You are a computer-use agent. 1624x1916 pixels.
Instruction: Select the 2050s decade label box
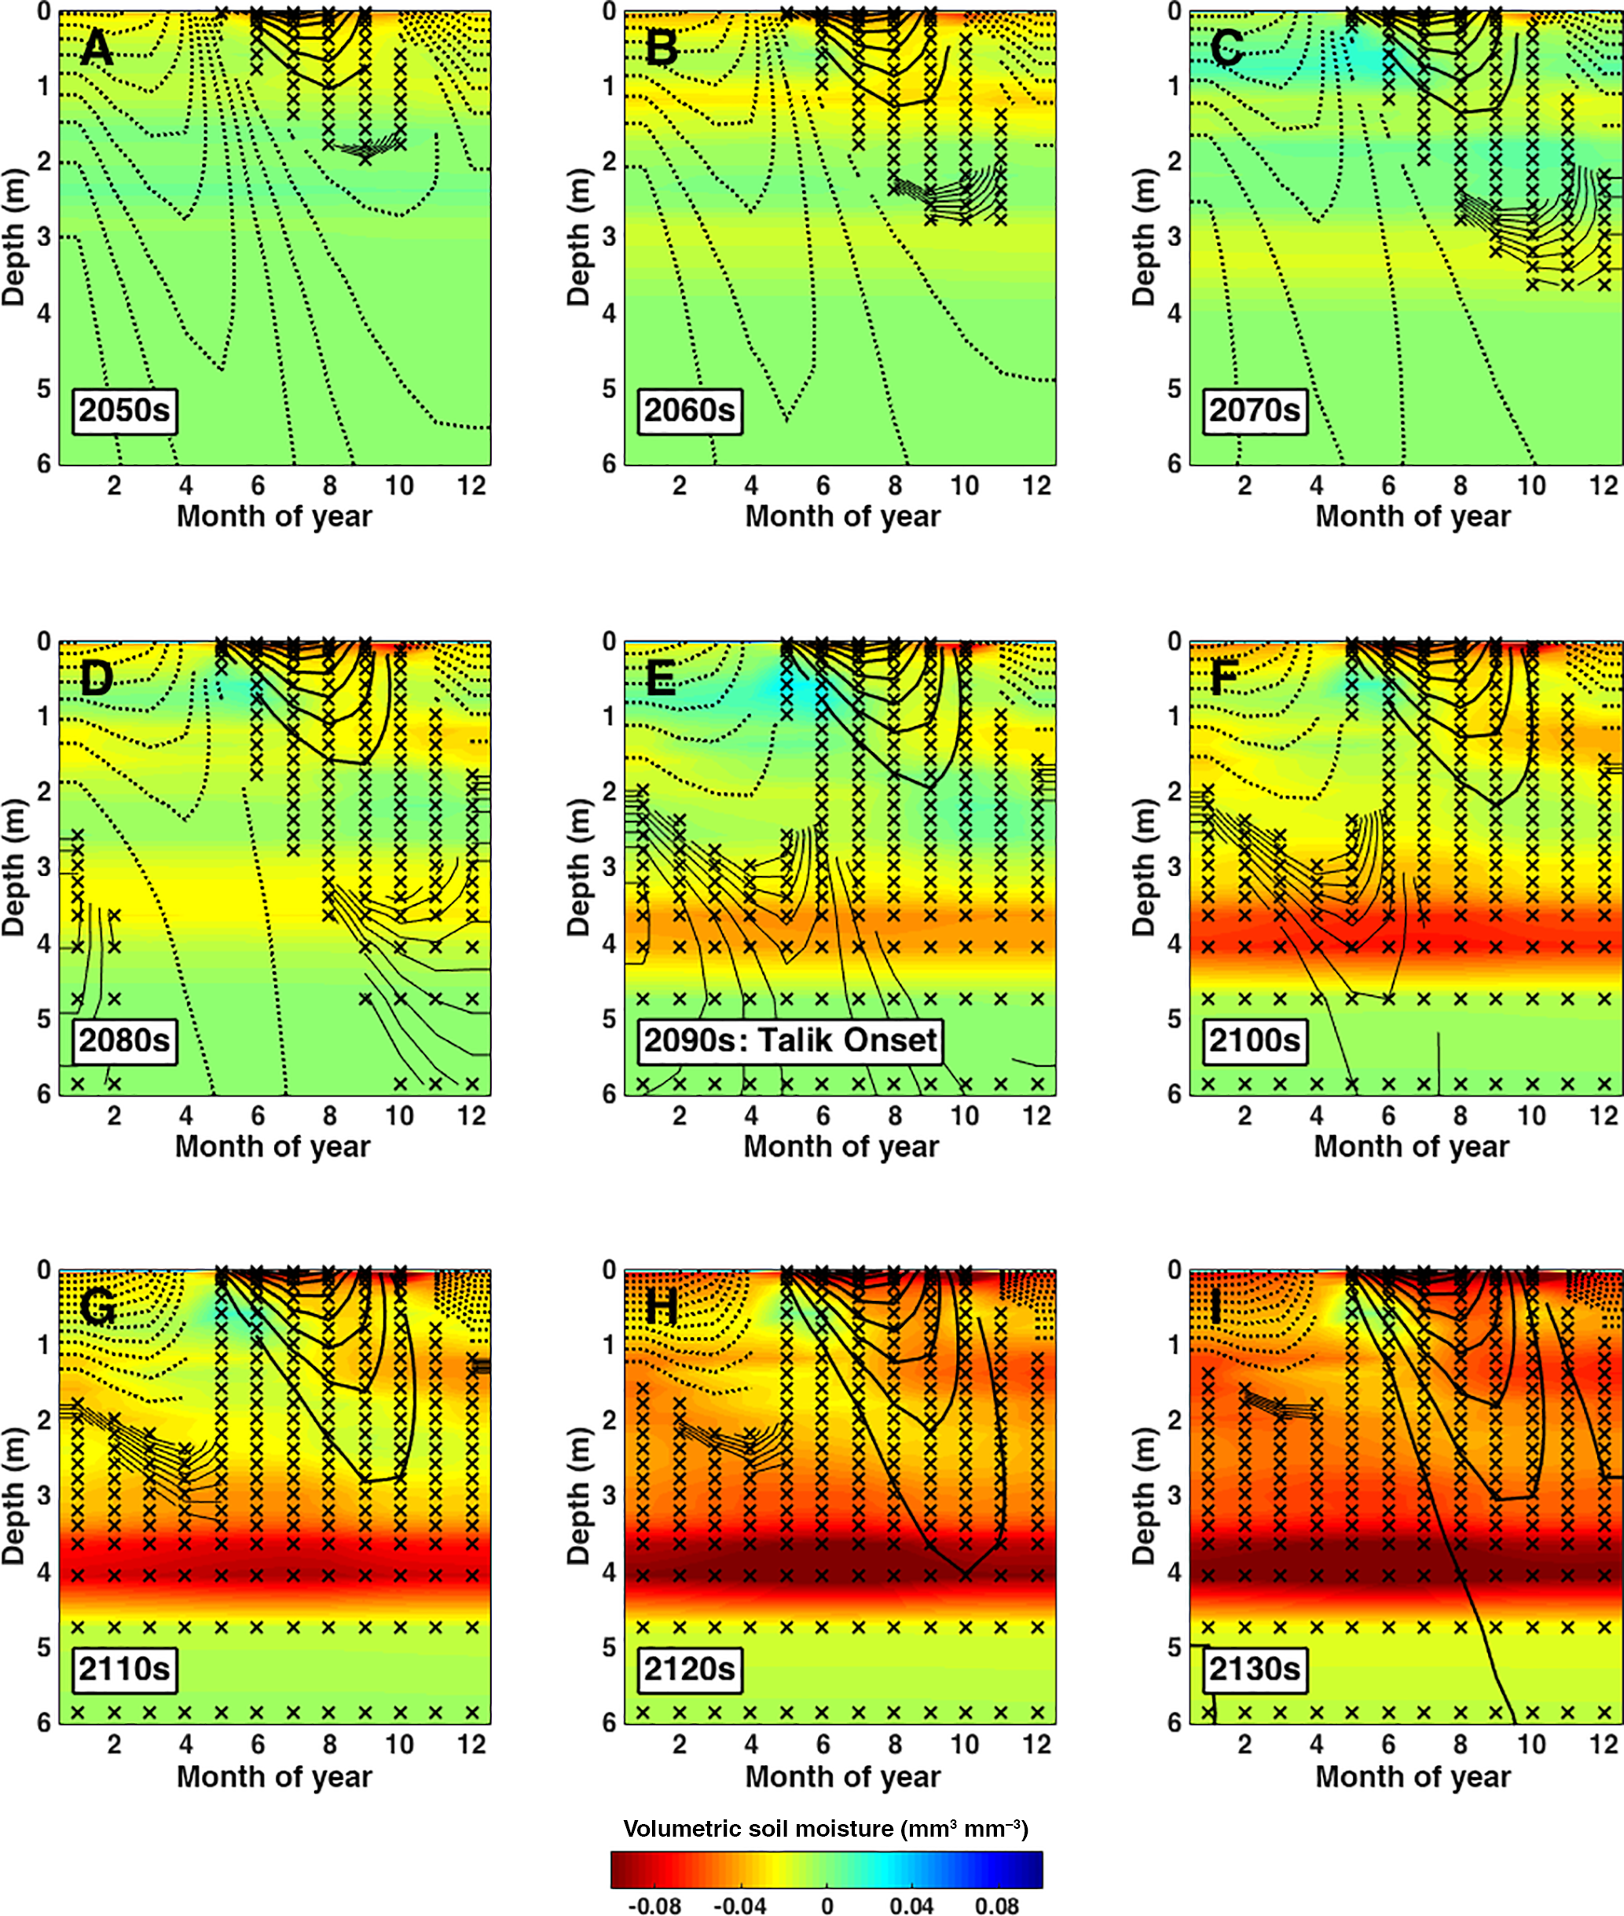point(124,409)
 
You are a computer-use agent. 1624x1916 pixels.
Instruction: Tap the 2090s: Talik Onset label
point(790,1040)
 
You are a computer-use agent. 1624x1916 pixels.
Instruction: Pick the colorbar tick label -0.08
point(654,1903)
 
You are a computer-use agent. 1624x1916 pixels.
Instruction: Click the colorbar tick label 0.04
point(911,1903)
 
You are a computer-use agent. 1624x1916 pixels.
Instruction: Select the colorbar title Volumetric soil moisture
point(826,1828)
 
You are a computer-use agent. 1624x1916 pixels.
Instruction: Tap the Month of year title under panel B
point(842,516)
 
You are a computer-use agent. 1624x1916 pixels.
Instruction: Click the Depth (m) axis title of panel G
point(13,1496)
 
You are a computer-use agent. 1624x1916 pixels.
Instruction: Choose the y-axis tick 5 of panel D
point(43,1019)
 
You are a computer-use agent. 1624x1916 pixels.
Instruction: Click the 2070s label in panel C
point(1254,409)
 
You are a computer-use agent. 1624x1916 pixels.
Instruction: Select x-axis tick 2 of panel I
point(1244,1744)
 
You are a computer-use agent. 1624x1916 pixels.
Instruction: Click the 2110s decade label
point(124,1669)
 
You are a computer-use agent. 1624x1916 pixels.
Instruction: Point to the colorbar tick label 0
point(827,1903)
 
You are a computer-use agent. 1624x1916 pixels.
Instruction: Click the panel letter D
point(97,678)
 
